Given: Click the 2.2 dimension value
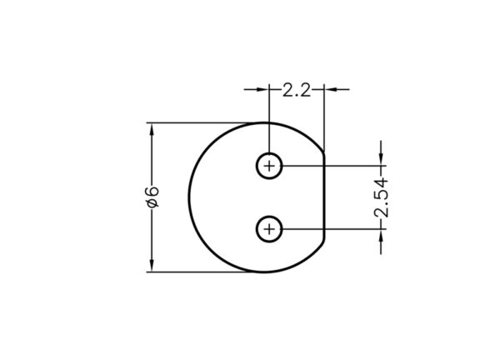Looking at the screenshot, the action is [297, 90].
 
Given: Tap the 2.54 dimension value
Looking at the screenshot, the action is [382, 198].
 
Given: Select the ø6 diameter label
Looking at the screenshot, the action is [152, 197].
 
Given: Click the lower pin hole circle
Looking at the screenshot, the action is [269, 216].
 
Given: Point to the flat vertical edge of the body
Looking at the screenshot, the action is [324, 197].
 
